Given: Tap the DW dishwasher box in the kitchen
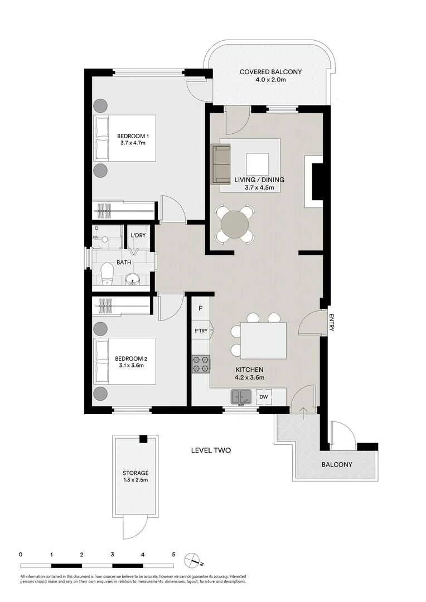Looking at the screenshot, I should pyautogui.click(x=263, y=397).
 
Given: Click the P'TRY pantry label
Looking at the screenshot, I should pyautogui.click(x=201, y=331).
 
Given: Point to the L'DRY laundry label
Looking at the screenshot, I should pyautogui.click(x=138, y=236).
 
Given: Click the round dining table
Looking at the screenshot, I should pyautogui.click(x=235, y=225).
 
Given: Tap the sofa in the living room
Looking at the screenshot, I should pyautogui.click(x=221, y=163).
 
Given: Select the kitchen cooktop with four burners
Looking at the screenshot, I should pyautogui.click(x=201, y=364).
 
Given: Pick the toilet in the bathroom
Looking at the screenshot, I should pyautogui.click(x=107, y=274).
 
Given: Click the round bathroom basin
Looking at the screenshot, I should pyautogui.click(x=133, y=278).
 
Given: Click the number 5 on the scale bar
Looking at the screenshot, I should pyautogui.click(x=174, y=555).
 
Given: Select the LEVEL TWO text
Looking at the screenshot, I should pyautogui.click(x=211, y=450).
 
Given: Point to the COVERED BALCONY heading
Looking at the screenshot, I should pyautogui.click(x=270, y=72).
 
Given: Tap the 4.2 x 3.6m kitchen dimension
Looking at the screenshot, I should pyautogui.click(x=249, y=377).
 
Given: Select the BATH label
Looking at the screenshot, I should pyautogui.click(x=124, y=262).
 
